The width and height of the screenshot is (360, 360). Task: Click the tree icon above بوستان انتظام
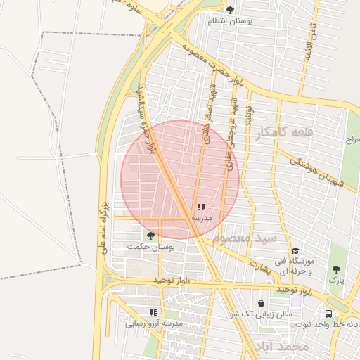(230, 10)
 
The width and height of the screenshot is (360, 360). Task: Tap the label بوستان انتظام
(230, 21)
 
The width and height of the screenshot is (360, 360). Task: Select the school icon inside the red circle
(201, 207)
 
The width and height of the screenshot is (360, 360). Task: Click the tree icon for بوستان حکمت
(150, 236)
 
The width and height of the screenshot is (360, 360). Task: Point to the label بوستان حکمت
(150, 247)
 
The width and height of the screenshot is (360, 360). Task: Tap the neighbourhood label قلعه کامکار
(283, 131)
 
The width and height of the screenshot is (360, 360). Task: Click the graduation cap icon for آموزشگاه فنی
(295, 251)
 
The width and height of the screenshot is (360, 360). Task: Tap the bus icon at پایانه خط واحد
(328, 314)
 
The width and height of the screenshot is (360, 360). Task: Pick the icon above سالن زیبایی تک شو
(262, 304)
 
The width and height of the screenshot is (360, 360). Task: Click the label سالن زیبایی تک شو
(261, 314)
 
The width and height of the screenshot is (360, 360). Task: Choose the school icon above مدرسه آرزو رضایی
(153, 312)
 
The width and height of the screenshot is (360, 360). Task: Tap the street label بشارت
(261, 266)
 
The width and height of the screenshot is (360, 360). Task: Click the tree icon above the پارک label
(335, 269)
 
